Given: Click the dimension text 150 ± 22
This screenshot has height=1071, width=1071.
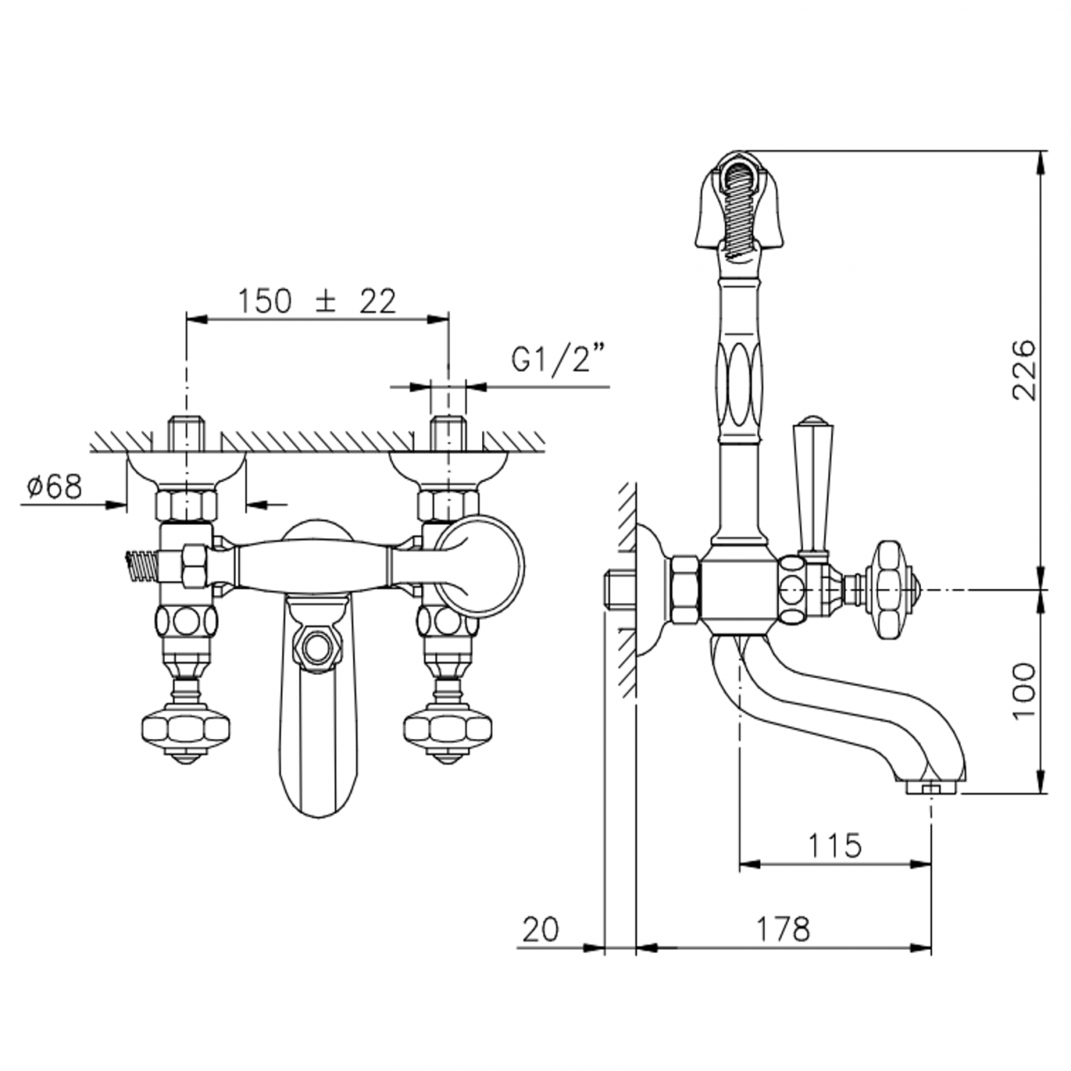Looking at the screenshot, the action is click(x=317, y=302).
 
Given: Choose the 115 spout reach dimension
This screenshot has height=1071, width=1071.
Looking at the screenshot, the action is click(x=834, y=845).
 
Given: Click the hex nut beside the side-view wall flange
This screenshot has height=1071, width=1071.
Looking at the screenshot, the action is click(x=685, y=590).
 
